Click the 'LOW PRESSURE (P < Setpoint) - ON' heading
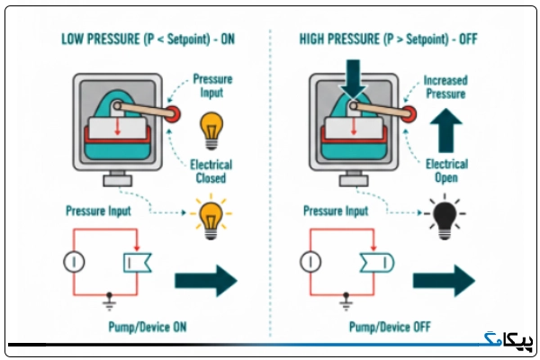click(148, 40)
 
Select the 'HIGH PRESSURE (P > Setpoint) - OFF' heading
click(388, 40)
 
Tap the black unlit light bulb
click(445, 217)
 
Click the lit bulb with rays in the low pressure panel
click(211, 217)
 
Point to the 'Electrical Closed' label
click(211, 171)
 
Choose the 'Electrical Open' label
click(446, 171)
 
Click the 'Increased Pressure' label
click(445, 87)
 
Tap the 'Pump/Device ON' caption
click(148, 327)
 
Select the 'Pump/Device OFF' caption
click(390, 327)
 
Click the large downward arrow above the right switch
click(353, 77)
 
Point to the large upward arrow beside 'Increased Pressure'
click(446, 130)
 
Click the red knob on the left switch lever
click(173, 114)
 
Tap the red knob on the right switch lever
click(409, 114)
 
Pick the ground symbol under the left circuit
click(109, 301)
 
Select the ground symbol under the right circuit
click(346, 301)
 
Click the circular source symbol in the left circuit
click(74, 262)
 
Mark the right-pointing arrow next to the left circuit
click(206, 281)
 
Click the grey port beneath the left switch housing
click(117, 178)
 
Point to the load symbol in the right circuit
click(377, 263)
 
